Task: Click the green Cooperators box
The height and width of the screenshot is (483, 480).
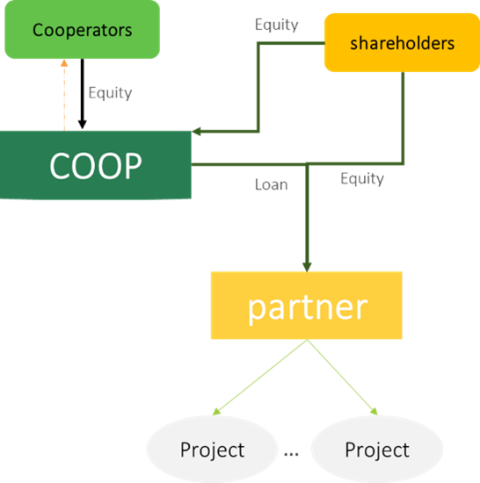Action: [x=83, y=30]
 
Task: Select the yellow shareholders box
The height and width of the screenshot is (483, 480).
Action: [x=402, y=42]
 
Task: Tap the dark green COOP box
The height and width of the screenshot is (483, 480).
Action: [x=96, y=165]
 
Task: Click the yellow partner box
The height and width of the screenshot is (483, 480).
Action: [x=307, y=306]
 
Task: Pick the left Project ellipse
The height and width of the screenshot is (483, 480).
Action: [x=212, y=449]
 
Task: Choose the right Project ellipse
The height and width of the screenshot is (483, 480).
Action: [x=377, y=449]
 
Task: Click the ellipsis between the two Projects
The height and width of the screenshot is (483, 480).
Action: [x=291, y=454]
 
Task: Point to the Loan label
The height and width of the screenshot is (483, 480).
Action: [x=272, y=184]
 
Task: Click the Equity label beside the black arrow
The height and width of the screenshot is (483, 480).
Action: [x=110, y=93]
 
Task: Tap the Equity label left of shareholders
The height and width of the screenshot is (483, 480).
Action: [x=277, y=25]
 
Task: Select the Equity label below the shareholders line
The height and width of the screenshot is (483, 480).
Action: [x=362, y=178]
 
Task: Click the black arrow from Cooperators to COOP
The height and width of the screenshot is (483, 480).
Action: [x=83, y=94]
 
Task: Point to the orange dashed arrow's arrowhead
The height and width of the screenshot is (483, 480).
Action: [x=64, y=63]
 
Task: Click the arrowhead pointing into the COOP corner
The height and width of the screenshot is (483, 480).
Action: [x=196, y=132]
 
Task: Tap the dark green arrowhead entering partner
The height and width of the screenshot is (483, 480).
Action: [x=307, y=267]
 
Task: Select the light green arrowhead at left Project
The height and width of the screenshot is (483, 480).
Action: [x=217, y=412]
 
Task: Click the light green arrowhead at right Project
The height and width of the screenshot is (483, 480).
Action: [x=374, y=411]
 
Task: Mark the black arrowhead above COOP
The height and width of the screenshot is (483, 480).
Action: [x=83, y=125]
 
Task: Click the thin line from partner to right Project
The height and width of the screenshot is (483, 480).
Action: [x=342, y=377]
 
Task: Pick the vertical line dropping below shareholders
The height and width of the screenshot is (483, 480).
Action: [x=403, y=118]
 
